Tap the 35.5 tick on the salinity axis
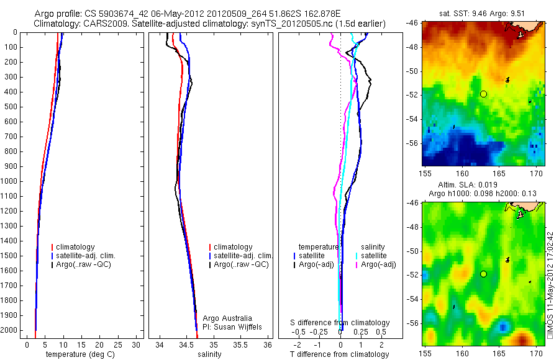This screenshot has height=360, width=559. pos(241,344)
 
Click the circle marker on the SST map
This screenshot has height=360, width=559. pos(483,94)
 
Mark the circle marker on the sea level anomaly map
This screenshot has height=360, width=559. pos(483,274)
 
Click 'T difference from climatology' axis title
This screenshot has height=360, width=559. pos(340,354)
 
